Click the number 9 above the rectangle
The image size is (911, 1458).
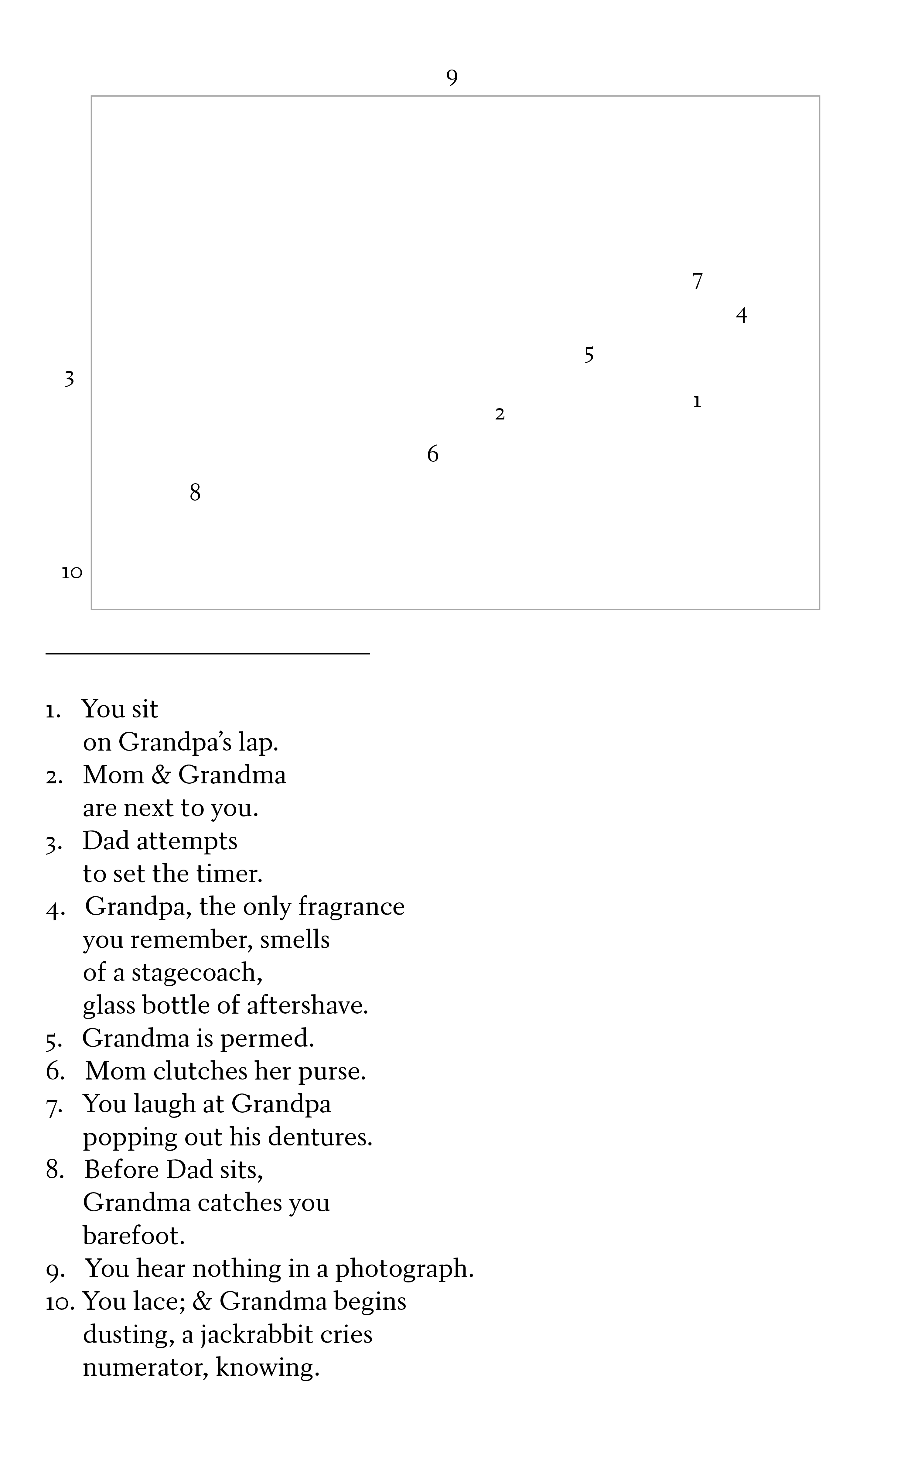pyautogui.click(x=452, y=78)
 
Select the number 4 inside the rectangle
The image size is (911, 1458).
pyautogui.click(x=742, y=315)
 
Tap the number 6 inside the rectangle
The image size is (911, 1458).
pyautogui.click(x=433, y=454)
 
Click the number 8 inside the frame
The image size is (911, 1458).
pyautogui.click(x=195, y=493)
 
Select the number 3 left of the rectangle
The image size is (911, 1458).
pyautogui.click(x=69, y=379)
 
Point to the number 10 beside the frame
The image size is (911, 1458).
pyautogui.click(x=72, y=572)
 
